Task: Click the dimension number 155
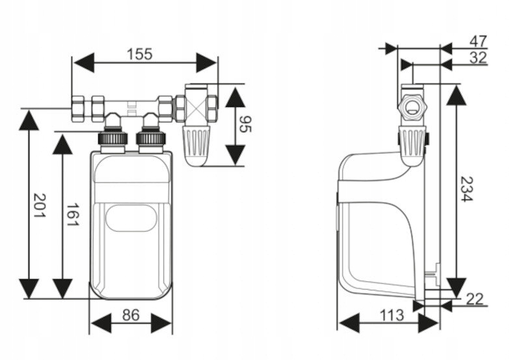coord(139,53)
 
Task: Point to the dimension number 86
coord(131,315)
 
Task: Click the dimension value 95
coord(245,124)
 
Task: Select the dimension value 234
coord(466,188)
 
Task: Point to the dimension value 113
coord(391,316)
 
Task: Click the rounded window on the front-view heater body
coord(131,217)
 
